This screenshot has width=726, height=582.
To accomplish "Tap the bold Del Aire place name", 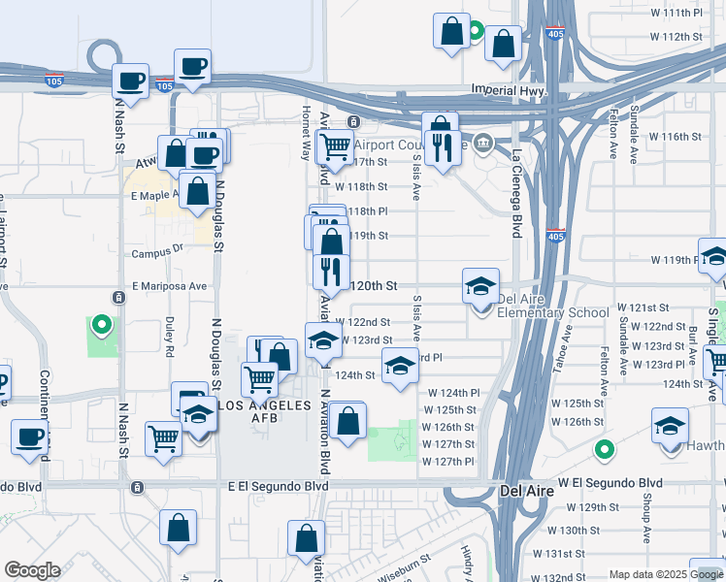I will pyautogui.click(x=526, y=491).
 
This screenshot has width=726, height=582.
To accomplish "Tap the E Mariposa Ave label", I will pyautogui.click(x=170, y=286).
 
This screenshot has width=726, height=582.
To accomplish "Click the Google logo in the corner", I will pyautogui.click(x=32, y=570).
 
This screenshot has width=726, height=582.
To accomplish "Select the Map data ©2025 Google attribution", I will pyautogui.click(x=665, y=574).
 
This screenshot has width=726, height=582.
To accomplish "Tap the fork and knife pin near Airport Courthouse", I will pyautogui.click(x=443, y=148).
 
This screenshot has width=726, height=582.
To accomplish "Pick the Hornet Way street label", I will pyautogui.click(x=306, y=131).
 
